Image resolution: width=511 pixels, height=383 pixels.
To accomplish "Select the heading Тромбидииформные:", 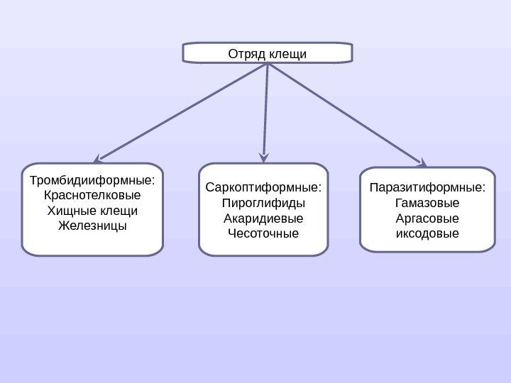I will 92,179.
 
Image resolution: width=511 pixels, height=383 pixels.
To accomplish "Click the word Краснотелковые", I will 92,194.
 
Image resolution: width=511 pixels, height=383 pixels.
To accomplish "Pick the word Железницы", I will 92,226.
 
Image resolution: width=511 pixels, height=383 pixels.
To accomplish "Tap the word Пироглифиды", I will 263,203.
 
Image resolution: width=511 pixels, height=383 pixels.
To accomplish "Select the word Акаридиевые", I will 263,218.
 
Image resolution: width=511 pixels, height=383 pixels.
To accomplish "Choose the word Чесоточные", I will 263,233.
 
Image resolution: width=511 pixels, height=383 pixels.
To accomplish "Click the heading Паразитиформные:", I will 427,188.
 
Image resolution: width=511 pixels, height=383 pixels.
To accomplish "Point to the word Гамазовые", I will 427,203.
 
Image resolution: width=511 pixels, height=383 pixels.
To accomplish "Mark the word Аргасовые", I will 427,218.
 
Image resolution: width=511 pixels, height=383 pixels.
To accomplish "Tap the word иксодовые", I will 427,233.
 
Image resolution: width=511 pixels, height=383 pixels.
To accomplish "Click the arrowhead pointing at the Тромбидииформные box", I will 99,157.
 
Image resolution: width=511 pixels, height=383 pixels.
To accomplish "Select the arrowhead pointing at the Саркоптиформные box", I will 264,155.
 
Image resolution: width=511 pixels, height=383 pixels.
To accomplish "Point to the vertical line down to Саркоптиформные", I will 266,106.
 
